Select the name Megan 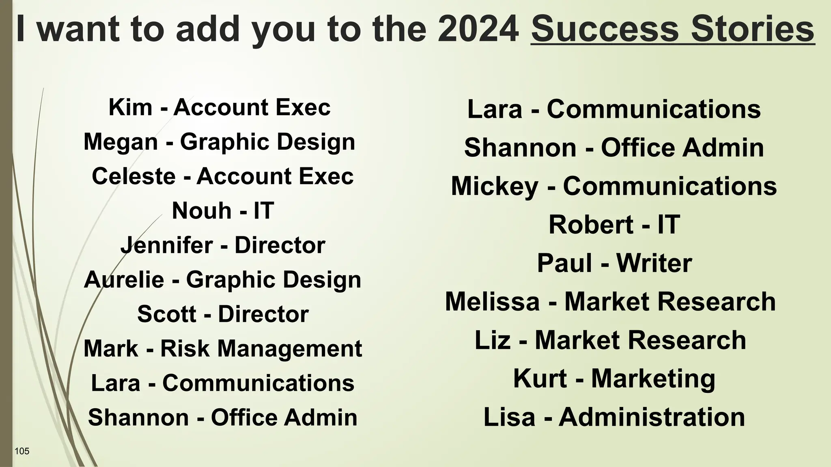point(121,142)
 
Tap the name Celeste point(133,177)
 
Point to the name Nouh point(201,211)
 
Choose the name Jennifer point(167,246)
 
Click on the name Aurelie point(124,280)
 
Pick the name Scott point(166,314)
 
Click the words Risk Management point(261,349)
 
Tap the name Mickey point(494,186)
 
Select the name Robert point(591,225)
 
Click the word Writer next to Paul point(654,263)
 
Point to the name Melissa point(492,302)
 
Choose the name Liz point(492,340)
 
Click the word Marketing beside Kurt point(653,379)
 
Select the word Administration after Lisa point(652,417)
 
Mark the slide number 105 point(22,451)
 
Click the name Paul point(564,263)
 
